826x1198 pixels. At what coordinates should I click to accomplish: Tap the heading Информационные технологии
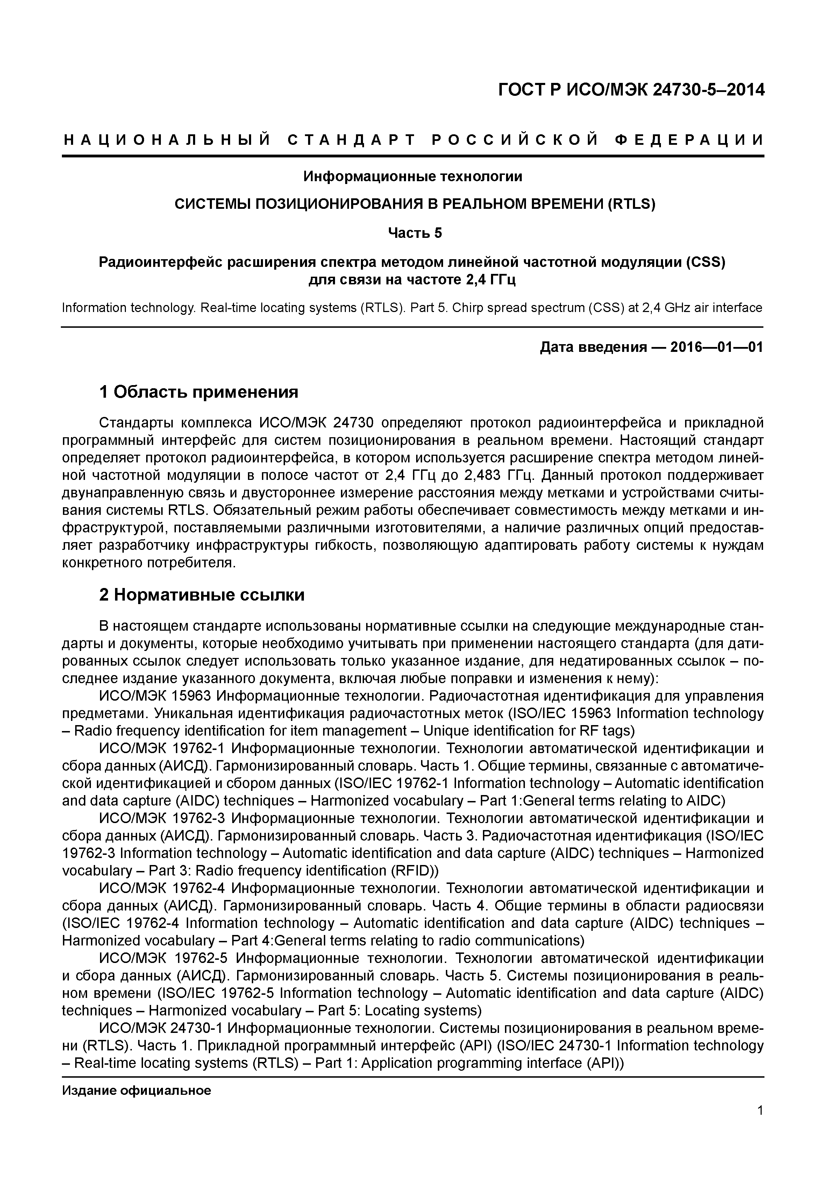coord(413,177)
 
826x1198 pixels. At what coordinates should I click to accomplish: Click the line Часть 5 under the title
coord(415,234)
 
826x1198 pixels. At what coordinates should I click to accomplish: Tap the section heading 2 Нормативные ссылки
coord(201,595)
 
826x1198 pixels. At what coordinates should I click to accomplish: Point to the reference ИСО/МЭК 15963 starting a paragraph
coord(155,696)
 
